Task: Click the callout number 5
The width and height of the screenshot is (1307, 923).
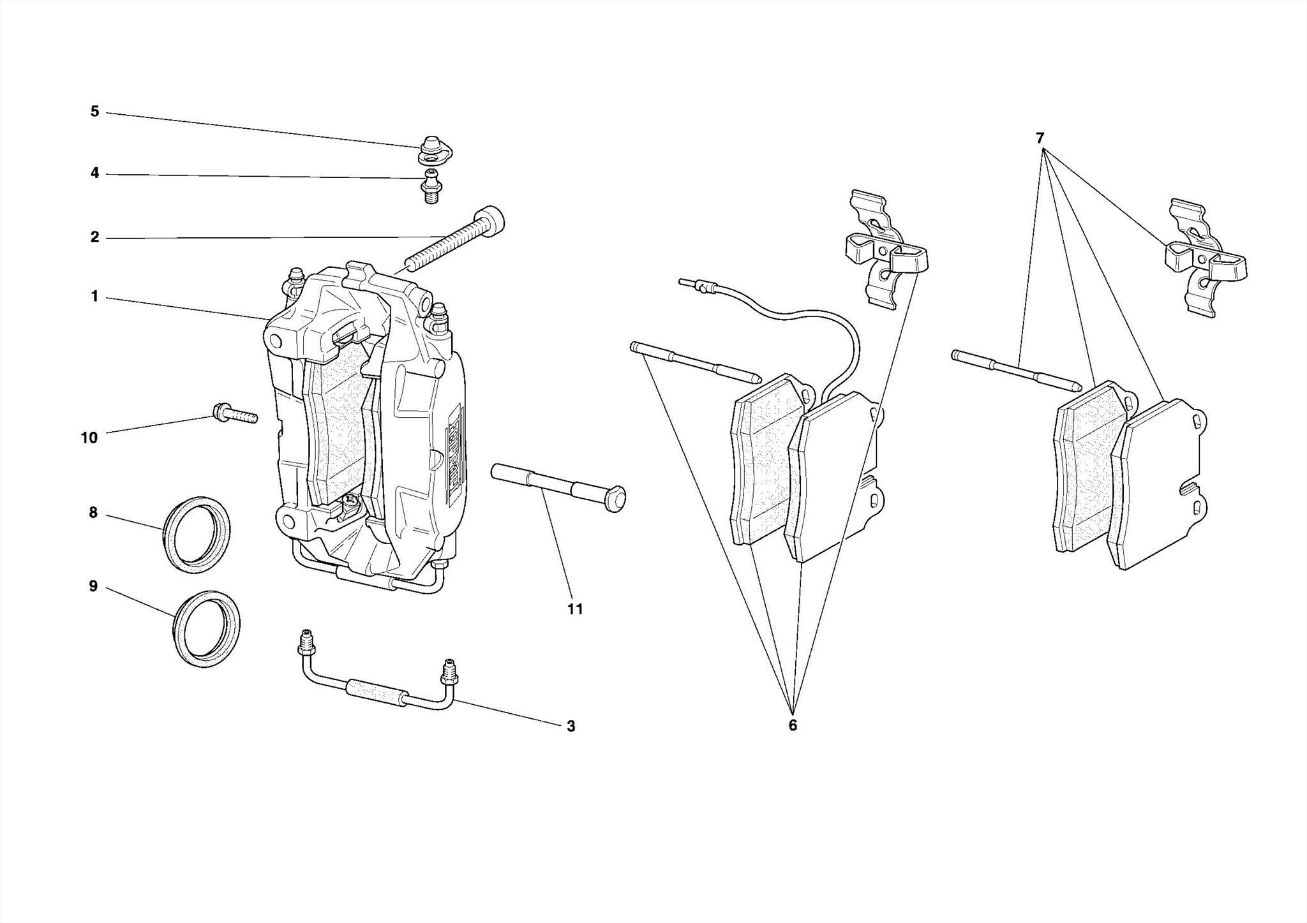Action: [94, 112]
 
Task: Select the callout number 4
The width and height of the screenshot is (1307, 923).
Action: [94, 174]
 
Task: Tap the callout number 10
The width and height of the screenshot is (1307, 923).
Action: [89, 438]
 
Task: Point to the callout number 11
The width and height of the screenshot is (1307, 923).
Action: [575, 609]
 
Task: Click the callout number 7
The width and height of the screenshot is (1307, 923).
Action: [1040, 138]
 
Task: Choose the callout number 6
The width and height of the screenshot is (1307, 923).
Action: [793, 725]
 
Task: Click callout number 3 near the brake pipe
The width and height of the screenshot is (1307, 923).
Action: [571, 726]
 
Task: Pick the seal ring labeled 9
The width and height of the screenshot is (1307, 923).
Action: [207, 628]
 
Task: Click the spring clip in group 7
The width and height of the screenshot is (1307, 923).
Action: [1203, 258]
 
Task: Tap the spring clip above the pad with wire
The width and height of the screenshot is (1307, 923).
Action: [884, 250]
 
